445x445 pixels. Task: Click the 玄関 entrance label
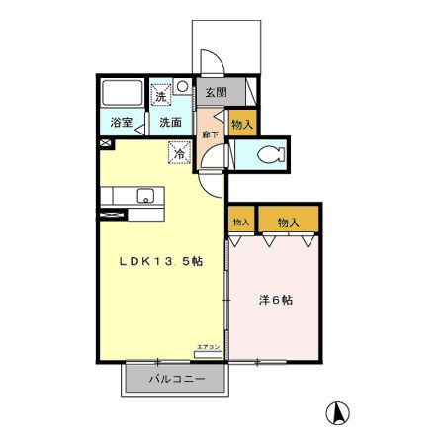(x=216, y=92)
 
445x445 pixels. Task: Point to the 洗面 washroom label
(x=170, y=124)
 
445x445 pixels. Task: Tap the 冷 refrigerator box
(x=179, y=153)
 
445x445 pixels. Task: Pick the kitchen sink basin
(x=145, y=194)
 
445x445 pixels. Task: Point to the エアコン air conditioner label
(x=208, y=346)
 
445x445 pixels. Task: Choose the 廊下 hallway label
(x=209, y=133)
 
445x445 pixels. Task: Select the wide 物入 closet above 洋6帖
(x=289, y=222)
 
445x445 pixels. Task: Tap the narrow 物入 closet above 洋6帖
(x=241, y=222)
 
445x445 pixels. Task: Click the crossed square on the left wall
(x=106, y=143)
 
